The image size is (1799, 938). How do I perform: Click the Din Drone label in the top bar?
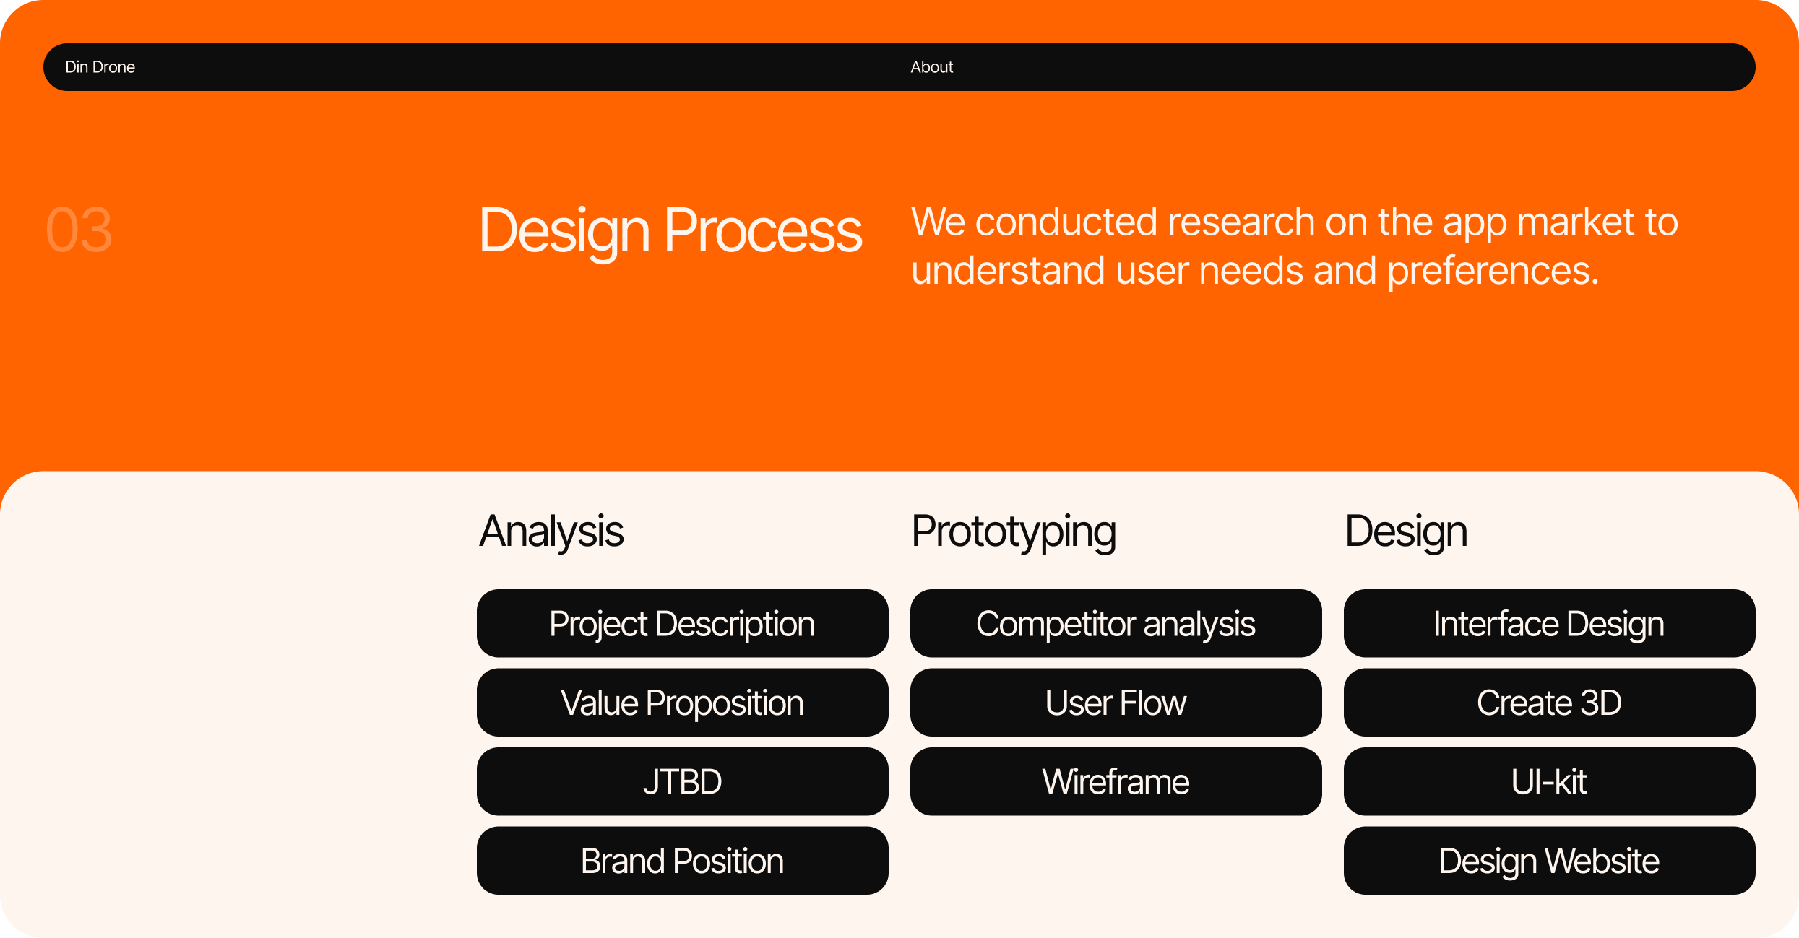pyautogui.click(x=100, y=67)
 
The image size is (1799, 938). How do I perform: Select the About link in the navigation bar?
pyautogui.click(x=931, y=67)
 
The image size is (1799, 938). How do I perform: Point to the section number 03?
pyautogui.click(x=79, y=230)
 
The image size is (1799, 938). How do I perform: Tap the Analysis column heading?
pyautogui.click(x=551, y=532)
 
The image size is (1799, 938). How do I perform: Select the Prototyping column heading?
pyautogui.click(x=1014, y=532)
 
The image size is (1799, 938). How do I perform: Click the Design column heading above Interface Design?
pyautogui.click(x=1406, y=532)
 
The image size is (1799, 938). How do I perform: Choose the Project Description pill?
pyautogui.click(x=683, y=623)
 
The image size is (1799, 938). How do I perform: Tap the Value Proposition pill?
pyautogui.click(x=683, y=702)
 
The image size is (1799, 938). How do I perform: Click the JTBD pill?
pyautogui.click(x=683, y=781)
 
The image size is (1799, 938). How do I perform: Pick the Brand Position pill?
pyautogui.click(x=683, y=860)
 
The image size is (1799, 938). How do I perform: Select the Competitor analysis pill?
pyautogui.click(x=1116, y=623)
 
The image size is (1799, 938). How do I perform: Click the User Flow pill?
pyautogui.click(x=1116, y=702)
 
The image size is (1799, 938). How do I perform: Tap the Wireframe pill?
pyautogui.click(x=1116, y=781)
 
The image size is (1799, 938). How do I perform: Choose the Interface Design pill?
pyautogui.click(x=1550, y=623)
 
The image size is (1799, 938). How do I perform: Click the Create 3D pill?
pyautogui.click(x=1550, y=702)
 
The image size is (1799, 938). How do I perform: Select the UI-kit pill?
pyautogui.click(x=1550, y=781)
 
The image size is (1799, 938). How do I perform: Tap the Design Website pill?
pyautogui.click(x=1550, y=860)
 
